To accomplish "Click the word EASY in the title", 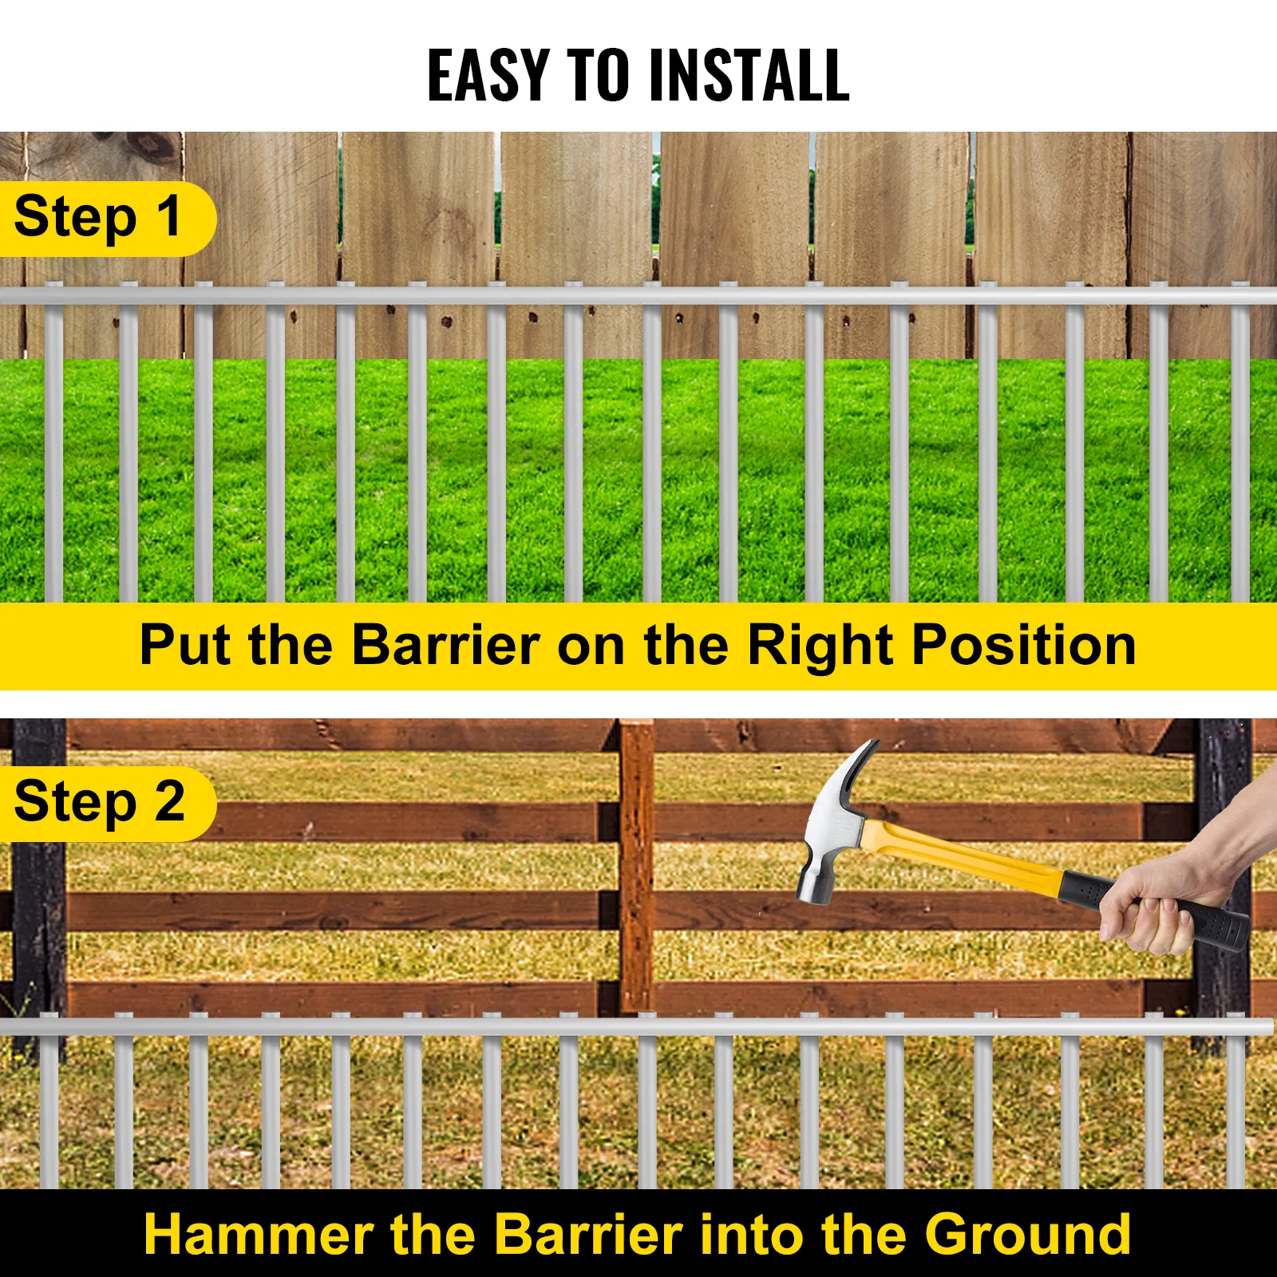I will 488,75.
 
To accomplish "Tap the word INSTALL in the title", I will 749,75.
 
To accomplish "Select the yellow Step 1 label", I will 100,218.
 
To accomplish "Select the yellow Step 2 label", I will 100,802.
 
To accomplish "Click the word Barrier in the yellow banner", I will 445,645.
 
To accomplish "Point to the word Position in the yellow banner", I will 1024,645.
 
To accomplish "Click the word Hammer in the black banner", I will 258,1234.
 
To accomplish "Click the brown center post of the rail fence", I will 636,862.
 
